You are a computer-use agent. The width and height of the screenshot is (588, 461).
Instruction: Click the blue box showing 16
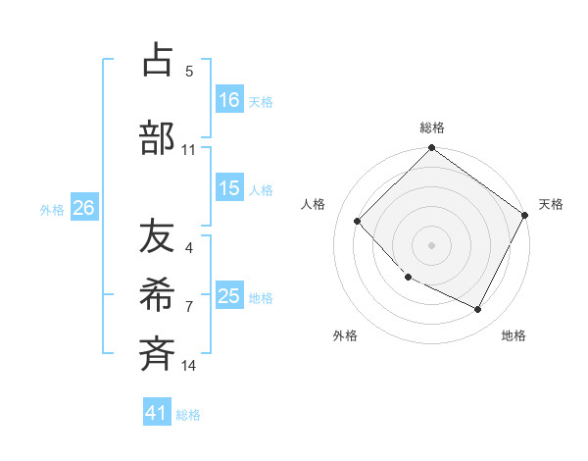tap(229, 100)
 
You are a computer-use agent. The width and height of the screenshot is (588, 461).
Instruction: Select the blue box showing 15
tap(229, 189)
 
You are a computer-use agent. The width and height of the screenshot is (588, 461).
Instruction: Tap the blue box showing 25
tap(229, 297)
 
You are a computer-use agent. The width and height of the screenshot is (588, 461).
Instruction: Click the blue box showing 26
tap(83, 208)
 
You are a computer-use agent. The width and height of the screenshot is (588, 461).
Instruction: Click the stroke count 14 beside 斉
tap(189, 366)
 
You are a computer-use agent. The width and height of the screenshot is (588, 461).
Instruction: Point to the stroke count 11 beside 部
tap(189, 150)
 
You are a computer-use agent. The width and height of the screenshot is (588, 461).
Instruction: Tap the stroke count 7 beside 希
tap(189, 307)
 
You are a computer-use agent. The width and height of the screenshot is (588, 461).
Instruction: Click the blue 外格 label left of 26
tap(52, 209)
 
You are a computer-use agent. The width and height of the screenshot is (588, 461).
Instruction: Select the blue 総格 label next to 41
tap(188, 415)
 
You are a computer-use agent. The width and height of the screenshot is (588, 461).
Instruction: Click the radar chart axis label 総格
tap(432, 128)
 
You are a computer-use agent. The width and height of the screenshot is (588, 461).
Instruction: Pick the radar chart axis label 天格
tap(552, 204)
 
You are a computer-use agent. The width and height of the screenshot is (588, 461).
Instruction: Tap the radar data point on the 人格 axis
tap(358, 221)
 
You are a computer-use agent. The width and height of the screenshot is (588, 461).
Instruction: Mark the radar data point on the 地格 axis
tap(478, 310)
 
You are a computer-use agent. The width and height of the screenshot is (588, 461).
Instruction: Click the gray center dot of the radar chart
tap(432, 244)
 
